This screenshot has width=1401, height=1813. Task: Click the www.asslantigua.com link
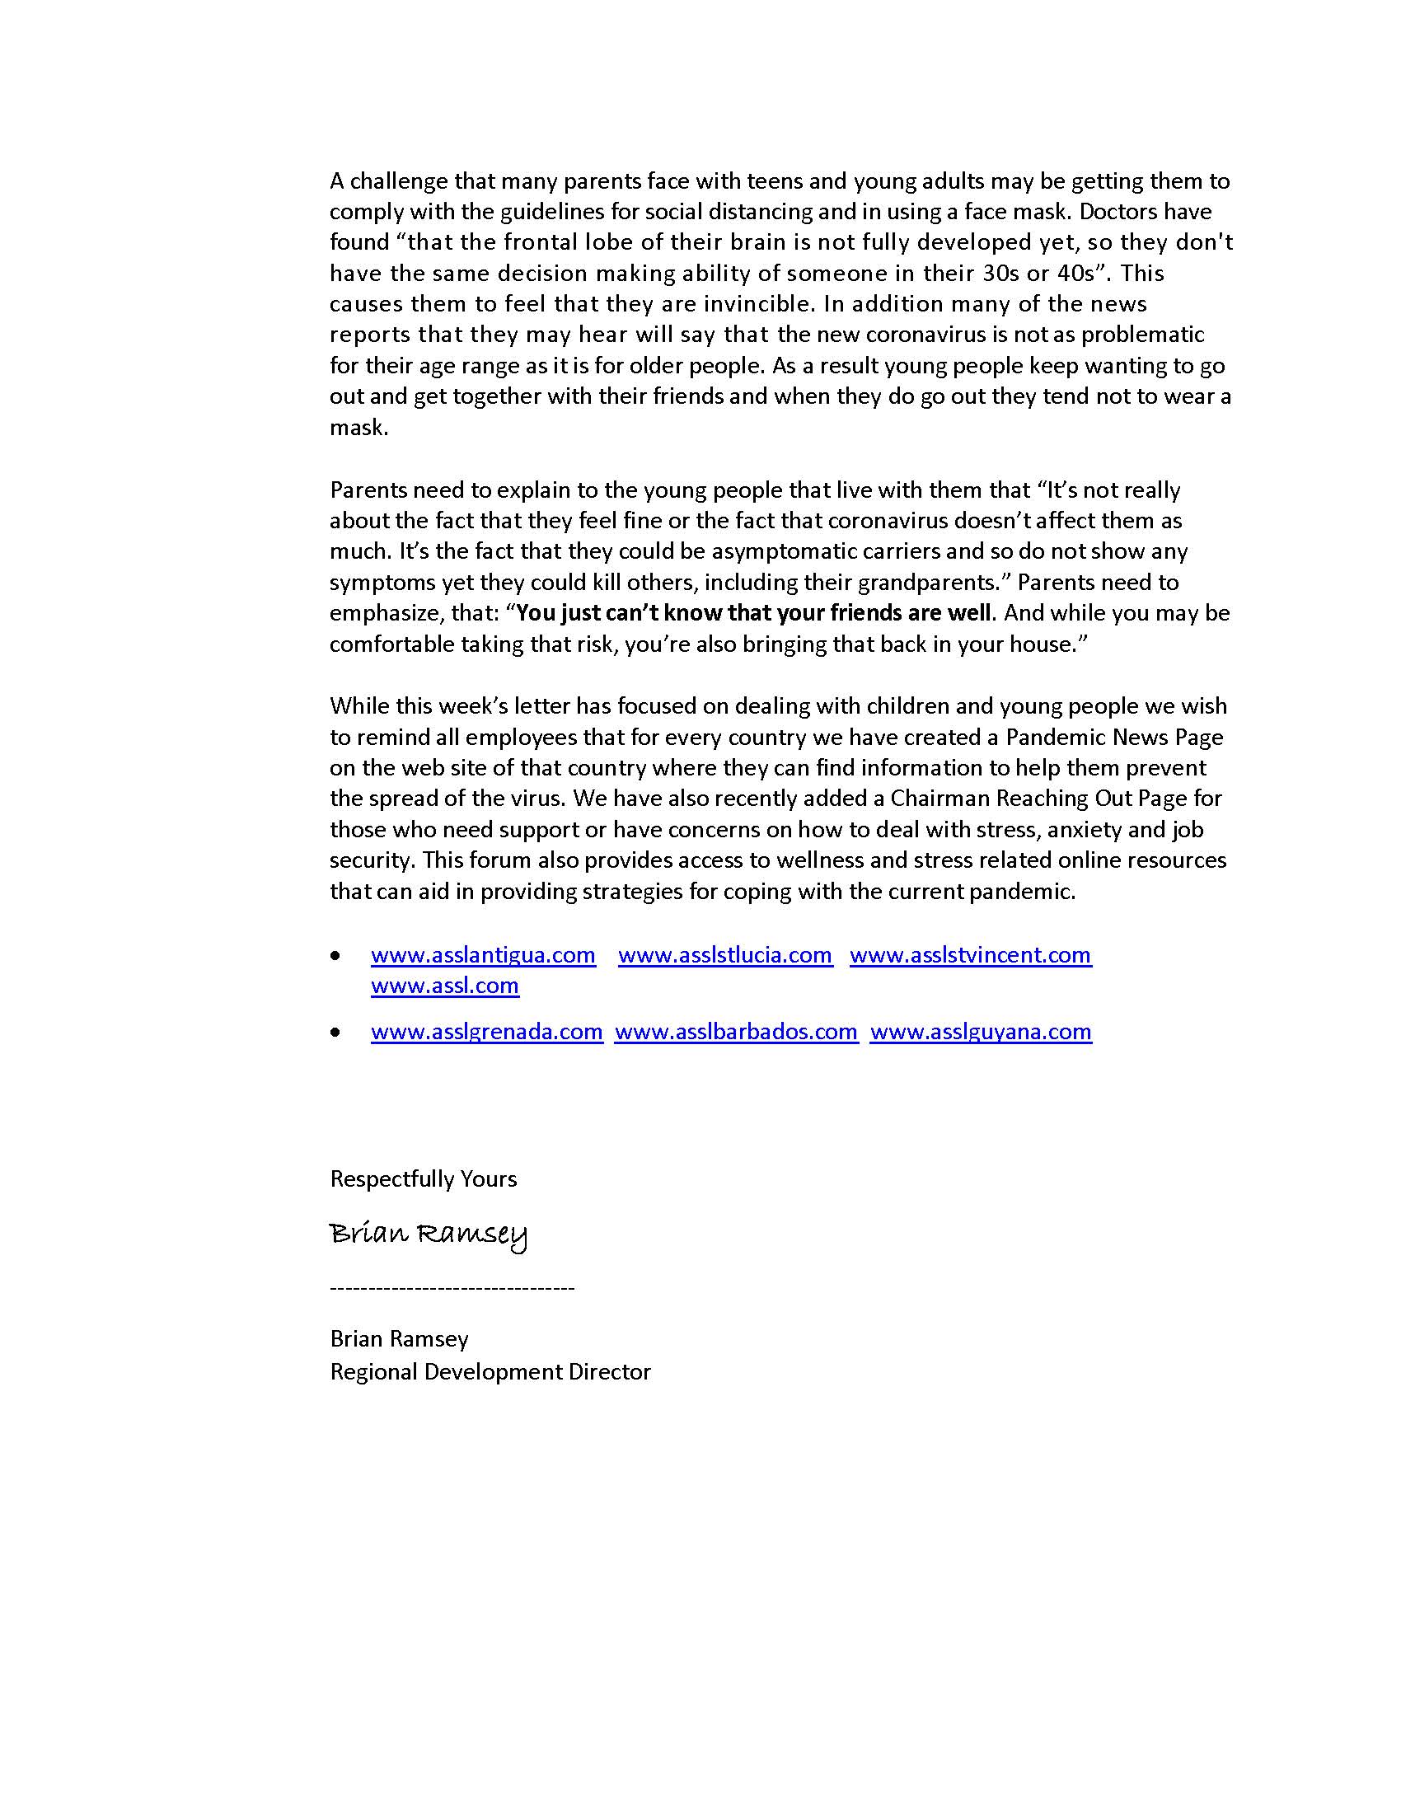(483, 954)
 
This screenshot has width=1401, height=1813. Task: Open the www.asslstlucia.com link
(724, 954)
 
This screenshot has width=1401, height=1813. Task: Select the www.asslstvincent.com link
(970, 954)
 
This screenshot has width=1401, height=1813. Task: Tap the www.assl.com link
(445, 986)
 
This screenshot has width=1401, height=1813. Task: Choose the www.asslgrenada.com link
(486, 1031)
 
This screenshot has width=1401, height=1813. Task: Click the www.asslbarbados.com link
(735, 1031)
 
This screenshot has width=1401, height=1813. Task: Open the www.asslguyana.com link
(980, 1031)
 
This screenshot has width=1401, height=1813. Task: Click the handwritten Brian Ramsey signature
(428, 1234)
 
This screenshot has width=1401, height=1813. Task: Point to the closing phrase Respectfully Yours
(424, 1178)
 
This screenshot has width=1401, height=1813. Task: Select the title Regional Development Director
(490, 1371)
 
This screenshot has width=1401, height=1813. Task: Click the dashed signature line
(452, 1288)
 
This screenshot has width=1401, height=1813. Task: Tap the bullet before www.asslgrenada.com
(335, 1033)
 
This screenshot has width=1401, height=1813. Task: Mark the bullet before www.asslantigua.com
(335, 956)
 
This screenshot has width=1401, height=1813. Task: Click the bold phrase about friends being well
(753, 612)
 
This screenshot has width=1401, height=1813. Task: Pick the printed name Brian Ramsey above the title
(399, 1338)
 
